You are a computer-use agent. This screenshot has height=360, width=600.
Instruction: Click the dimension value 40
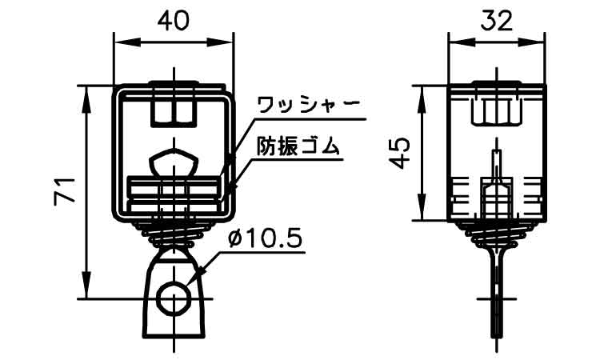pos(174,20)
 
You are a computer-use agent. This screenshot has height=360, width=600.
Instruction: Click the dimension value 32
pos(495,20)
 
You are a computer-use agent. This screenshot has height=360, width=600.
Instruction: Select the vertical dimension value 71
pos(66,191)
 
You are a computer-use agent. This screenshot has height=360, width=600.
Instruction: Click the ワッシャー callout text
pos(309,105)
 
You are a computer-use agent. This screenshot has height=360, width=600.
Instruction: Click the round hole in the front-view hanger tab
pos(174,299)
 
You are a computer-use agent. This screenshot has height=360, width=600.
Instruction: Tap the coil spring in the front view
pos(174,233)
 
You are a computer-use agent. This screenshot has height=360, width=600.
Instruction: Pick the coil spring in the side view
pos(496,234)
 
